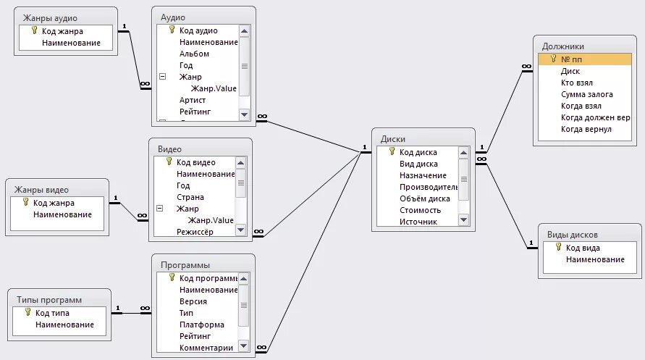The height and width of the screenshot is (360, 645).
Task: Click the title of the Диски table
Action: pyautogui.click(x=392, y=138)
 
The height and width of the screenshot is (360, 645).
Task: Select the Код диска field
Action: pyautogui.click(x=418, y=152)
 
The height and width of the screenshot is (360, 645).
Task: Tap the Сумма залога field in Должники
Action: pyautogui.click(x=586, y=94)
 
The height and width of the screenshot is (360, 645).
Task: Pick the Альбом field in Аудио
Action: pyautogui.click(x=194, y=54)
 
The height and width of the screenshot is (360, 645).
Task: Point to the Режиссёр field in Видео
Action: pyautogui.click(x=195, y=232)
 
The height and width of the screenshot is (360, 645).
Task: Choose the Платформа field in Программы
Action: pyautogui.click(x=201, y=325)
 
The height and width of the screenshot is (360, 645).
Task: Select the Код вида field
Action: pyautogui.click(x=583, y=248)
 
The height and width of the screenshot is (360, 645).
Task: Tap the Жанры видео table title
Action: pyautogui.click(x=41, y=189)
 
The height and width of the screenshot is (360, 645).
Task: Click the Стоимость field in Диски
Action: pyautogui.click(x=420, y=210)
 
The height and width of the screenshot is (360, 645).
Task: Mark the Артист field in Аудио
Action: pyautogui.click(x=193, y=100)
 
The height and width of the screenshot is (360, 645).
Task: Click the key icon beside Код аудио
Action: pyautogui.click(x=172, y=30)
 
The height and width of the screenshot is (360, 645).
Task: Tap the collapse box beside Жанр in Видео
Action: pyautogui.click(x=160, y=209)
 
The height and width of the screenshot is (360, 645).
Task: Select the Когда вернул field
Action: pyautogui.click(x=586, y=129)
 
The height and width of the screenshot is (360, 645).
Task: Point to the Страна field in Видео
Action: pyautogui.click(x=190, y=197)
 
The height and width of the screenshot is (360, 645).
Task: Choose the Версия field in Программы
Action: pyautogui.click(x=193, y=301)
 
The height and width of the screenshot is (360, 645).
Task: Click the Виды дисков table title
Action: pyautogui.click(x=571, y=234)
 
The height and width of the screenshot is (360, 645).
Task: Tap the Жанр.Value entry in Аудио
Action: pyautogui.click(x=215, y=88)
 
